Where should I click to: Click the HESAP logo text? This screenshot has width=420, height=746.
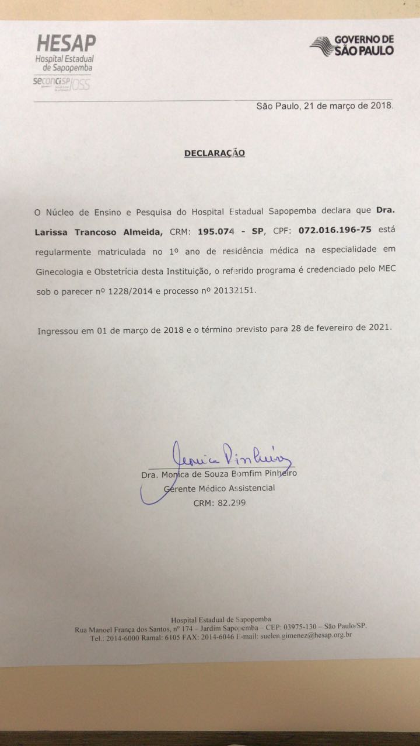click(66, 44)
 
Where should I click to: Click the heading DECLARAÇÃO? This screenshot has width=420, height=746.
click(214, 153)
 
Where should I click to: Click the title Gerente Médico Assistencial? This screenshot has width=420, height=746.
click(219, 488)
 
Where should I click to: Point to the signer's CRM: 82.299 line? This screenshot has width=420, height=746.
click(219, 502)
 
